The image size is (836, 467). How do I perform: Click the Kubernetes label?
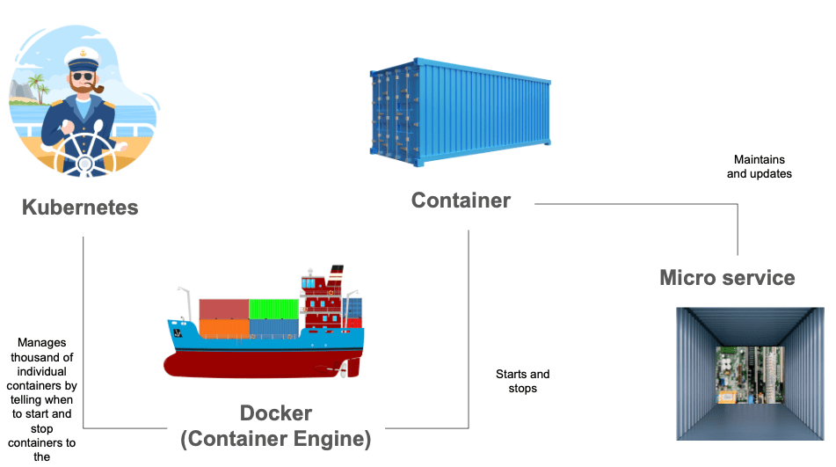[x=80, y=208]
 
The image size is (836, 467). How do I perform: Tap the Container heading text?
[x=461, y=201]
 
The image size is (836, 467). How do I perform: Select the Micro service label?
[x=727, y=278]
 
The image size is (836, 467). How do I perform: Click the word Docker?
[x=275, y=412]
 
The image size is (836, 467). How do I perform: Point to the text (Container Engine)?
[x=275, y=438]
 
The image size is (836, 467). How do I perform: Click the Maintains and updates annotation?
[x=759, y=167]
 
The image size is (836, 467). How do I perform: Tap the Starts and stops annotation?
[x=522, y=381]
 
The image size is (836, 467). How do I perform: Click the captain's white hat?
[x=82, y=60]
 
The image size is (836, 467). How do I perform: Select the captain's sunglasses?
[x=83, y=77]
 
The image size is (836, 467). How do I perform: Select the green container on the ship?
[x=273, y=309]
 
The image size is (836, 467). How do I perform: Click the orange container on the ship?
[x=224, y=328]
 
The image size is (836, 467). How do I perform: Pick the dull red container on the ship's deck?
[x=223, y=309]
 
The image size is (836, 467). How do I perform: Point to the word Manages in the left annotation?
[x=41, y=342]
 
